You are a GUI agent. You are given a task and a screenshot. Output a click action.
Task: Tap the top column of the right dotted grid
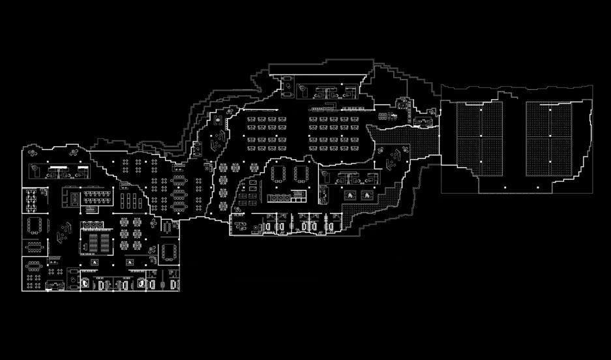click(549, 110)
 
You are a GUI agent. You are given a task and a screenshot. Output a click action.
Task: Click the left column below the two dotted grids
click(503, 188)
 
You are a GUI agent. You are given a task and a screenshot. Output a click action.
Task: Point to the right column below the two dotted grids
click(536, 188)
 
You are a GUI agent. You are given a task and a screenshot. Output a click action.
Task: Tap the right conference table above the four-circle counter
click(301, 173)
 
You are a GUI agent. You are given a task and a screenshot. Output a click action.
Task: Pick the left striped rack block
click(93, 243)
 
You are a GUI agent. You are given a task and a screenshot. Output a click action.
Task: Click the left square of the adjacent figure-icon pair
click(350, 195)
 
